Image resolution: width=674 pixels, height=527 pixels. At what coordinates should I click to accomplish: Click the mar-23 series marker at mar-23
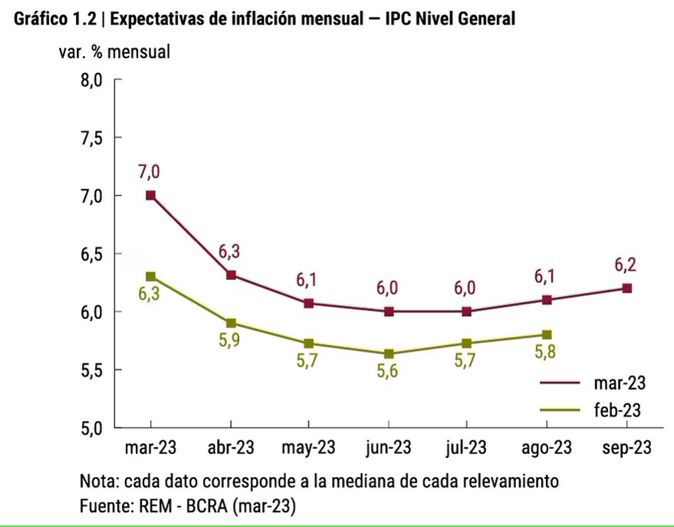pyautogui.click(x=150, y=196)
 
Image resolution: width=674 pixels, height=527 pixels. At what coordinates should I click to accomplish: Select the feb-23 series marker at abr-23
pyautogui.click(x=230, y=323)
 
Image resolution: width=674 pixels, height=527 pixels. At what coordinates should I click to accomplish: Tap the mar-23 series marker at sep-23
pyautogui.click(x=626, y=288)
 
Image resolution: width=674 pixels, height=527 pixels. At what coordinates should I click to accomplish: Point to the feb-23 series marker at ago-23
pyautogui.click(x=547, y=334)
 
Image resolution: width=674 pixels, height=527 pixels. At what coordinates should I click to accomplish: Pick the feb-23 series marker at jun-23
pyautogui.click(x=389, y=354)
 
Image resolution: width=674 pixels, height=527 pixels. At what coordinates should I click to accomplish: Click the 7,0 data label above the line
pyautogui.click(x=150, y=173)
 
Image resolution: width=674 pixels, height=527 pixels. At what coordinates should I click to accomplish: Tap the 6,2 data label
pyautogui.click(x=626, y=265)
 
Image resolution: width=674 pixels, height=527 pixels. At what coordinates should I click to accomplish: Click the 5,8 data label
pyautogui.click(x=546, y=354)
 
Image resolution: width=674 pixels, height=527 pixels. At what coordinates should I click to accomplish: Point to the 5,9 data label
pyautogui.click(x=230, y=342)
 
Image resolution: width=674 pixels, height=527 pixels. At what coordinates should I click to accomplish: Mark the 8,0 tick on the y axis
pyautogui.click(x=91, y=80)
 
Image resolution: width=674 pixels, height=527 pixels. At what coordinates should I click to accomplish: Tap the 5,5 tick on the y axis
pyautogui.click(x=91, y=371)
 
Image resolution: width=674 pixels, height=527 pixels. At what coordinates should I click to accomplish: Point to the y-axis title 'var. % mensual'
pyautogui.click(x=114, y=53)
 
